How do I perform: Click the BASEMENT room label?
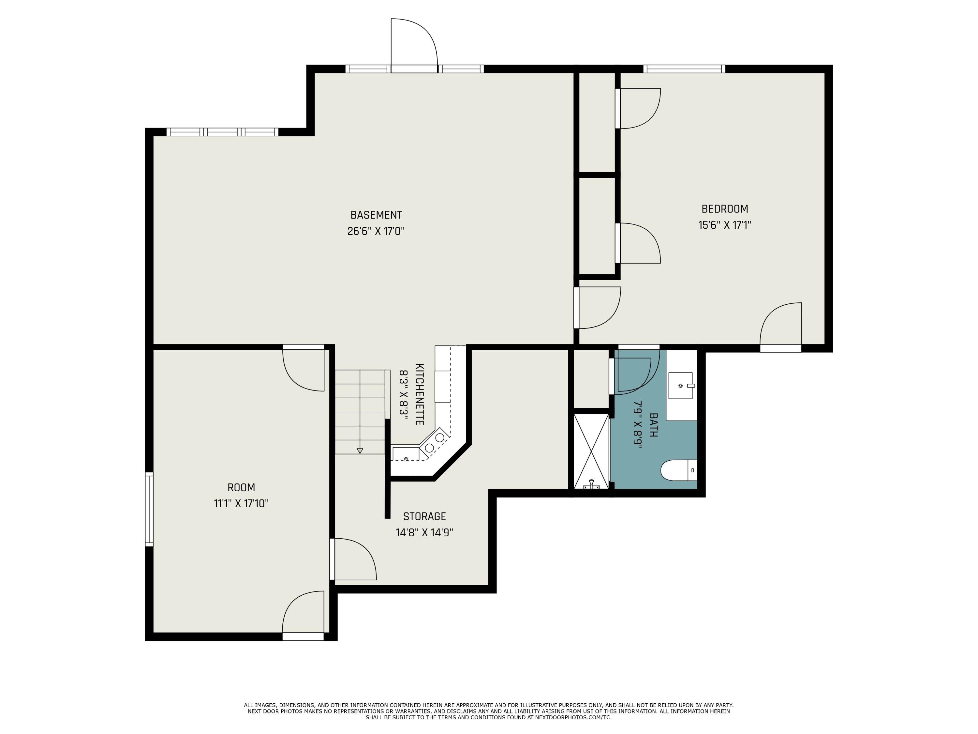pos(376,215)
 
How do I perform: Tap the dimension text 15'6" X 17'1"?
pos(725,225)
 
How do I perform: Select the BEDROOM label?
pos(725,209)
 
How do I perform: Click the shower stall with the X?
pos(591,451)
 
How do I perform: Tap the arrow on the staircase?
pos(360,451)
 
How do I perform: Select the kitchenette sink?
pos(406,454)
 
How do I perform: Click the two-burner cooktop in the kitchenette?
pos(435,442)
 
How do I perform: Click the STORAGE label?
pos(424,516)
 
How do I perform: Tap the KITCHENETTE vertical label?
pos(420,394)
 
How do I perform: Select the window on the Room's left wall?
pos(149,509)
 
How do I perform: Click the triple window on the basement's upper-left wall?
pos(222,132)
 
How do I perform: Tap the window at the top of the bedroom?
pos(684,69)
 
